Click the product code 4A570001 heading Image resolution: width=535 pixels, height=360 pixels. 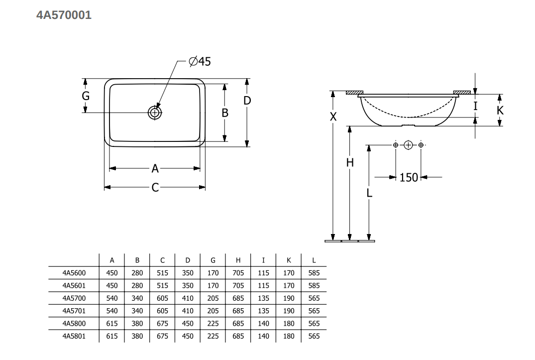(64, 15)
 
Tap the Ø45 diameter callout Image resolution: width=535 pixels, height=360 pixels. (200, 61)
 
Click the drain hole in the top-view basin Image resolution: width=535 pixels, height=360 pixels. (155, 113)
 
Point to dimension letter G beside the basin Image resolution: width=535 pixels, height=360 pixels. (86, 96)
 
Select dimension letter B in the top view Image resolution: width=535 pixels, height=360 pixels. (225, 113)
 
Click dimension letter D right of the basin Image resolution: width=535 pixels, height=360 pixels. (247, 101)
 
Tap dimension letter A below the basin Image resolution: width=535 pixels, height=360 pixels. (155, 169)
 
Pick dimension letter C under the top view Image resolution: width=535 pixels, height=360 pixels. (155, 187)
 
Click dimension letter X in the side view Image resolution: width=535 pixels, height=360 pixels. (333, 117)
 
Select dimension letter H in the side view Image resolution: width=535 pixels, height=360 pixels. (350, 163)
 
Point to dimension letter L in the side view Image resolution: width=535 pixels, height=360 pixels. (369, 193)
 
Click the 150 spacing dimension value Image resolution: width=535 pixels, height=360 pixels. (409, 177)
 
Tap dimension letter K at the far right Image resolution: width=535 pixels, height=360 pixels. (500, 110)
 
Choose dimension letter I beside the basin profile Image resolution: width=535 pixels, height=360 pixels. (475, 106)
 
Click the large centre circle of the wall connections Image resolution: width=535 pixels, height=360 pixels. (408, 145)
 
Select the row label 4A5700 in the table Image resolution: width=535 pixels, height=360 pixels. (74, 298)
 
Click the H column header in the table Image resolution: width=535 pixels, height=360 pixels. (238, 260)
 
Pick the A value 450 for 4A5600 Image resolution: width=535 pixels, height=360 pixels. (112, 273)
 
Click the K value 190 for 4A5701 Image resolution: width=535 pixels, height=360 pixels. (289, 311)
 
